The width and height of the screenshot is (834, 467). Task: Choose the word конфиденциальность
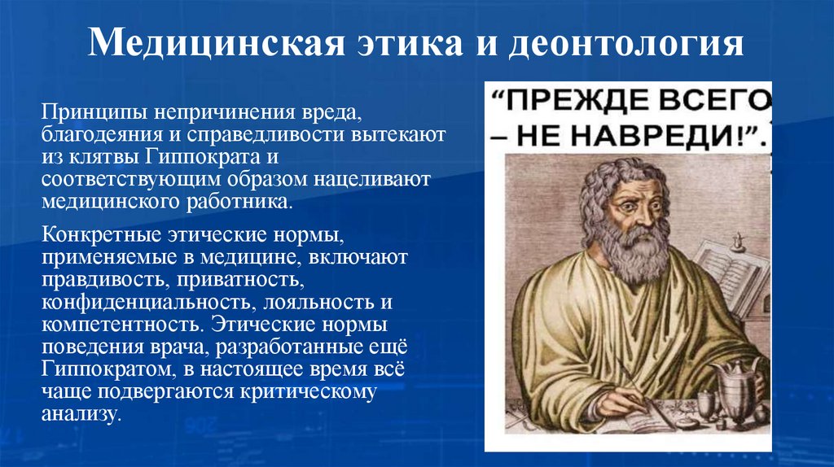point(144,303)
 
